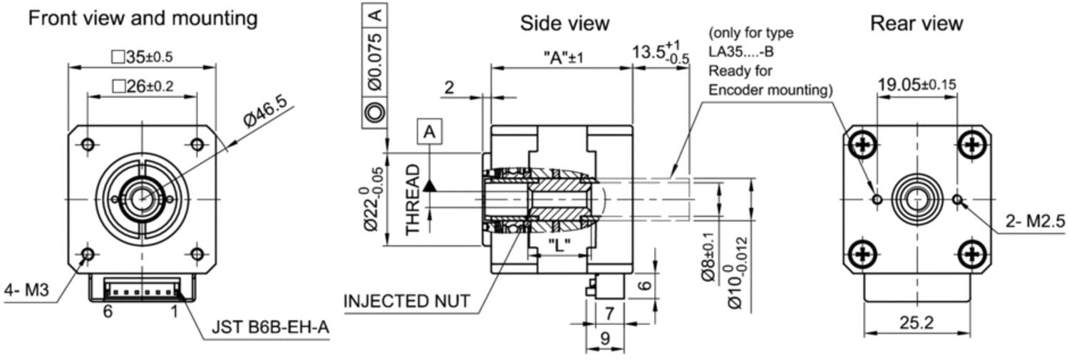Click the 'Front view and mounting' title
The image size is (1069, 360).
[x=143, y=19]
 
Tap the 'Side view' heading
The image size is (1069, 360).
[x=564, y=23]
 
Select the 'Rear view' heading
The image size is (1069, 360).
[x=916, y=23]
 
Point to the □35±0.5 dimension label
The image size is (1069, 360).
[x=143, y=57]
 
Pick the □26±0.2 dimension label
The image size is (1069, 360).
[x=143, y=86]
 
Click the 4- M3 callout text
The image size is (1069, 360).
[x=27, y=289]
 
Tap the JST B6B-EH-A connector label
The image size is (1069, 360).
[x=270, y=327]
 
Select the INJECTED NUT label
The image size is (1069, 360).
[x=407, y=302]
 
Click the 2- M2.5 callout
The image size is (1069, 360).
[x=1035, y=221]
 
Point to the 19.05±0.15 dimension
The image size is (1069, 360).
[x=916, y=85]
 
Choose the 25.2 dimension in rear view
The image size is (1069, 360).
[x=916, y=323]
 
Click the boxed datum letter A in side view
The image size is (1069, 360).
[x=430, y=131]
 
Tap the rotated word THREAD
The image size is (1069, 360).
[x=413, y=200]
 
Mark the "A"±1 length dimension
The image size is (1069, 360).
[x=563, y=58]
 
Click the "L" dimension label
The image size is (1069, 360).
[x=559, y=246]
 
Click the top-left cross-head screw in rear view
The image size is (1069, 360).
[x=862, y=144]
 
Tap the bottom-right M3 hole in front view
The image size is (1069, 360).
[x=197, y=254]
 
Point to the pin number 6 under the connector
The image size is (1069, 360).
[x=108, y=312]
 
